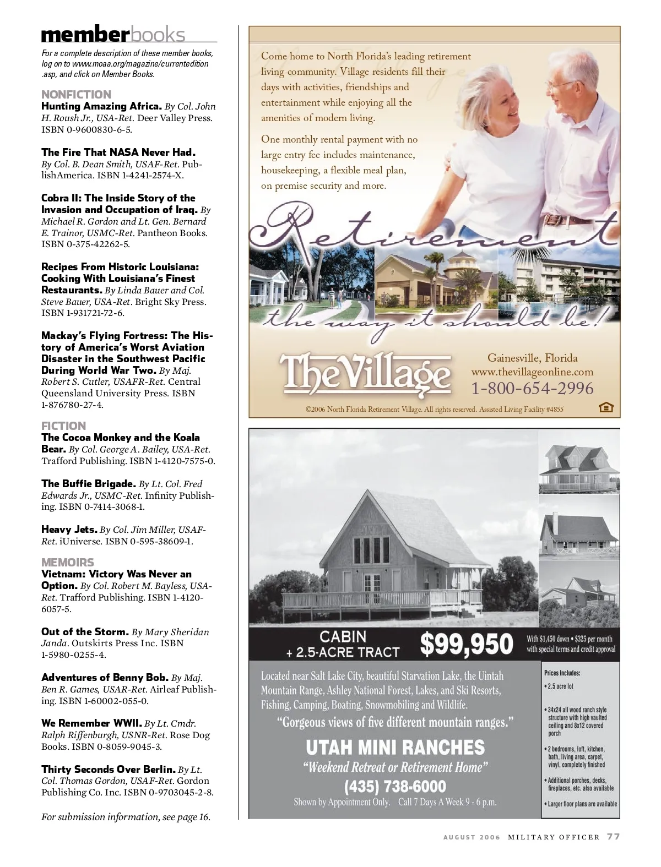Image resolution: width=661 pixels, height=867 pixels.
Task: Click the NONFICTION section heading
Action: [x=76, y=94]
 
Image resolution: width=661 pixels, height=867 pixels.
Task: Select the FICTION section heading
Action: [x=64, y=426]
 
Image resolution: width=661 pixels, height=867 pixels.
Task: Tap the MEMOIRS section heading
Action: [x=68, y=562]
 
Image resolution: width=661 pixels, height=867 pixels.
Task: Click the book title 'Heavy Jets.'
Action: [x=69, y=530]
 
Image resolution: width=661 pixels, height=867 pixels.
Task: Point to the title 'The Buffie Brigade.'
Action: [x=89, y=484]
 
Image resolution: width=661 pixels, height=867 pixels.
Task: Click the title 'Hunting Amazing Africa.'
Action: [x=101, y=106]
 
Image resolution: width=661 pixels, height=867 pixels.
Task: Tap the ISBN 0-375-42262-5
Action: [x=85, y=244]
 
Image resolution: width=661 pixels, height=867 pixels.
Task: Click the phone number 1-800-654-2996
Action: [x=532, y=389]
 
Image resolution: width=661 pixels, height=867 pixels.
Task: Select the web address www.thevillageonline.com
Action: [x=532, y=372]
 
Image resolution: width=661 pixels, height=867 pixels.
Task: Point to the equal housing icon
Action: [x=605, y=408]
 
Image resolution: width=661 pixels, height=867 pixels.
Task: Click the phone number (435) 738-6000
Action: [x=395, y=786]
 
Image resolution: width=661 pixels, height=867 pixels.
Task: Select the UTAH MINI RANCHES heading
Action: [x=395, y=747]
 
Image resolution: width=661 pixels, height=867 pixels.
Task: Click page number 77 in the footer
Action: [x=614, y=837]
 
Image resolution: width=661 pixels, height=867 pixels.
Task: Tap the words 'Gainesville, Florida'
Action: [x=532, y=358]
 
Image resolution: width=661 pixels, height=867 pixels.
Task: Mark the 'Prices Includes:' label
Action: [x=562, y=673]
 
